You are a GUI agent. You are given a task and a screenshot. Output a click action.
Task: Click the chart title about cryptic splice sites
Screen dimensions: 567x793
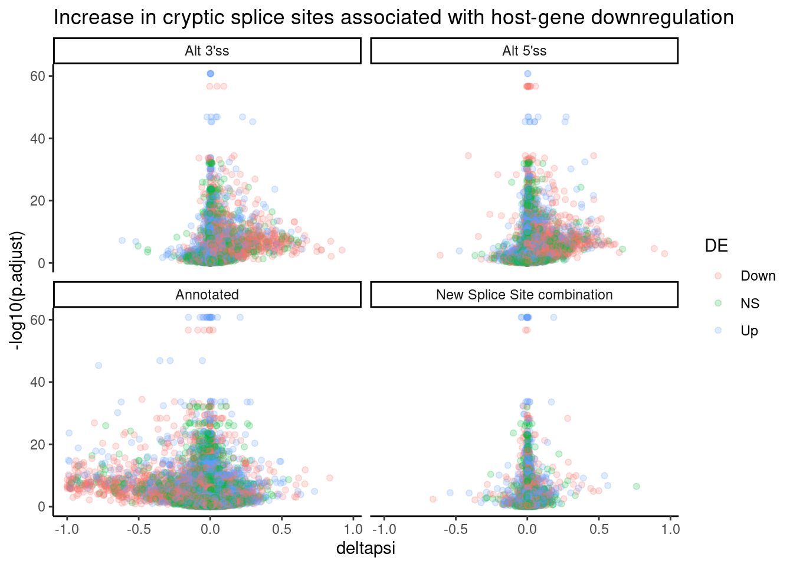[394, 18]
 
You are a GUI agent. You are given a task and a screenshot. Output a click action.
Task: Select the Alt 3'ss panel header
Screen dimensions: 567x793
[207, 51]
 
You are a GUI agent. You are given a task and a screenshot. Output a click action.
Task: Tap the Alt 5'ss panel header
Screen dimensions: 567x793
[524, 51]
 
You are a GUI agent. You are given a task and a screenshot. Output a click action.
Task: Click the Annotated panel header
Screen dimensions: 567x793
[207, 295]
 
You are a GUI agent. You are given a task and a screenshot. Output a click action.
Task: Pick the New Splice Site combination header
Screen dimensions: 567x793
[524, 295]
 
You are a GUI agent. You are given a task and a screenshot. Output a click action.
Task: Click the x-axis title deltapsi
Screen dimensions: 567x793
[365, 549]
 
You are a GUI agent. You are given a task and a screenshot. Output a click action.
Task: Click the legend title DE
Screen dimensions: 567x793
[716, 246]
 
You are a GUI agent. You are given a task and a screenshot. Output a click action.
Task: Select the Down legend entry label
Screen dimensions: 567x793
[758, 276]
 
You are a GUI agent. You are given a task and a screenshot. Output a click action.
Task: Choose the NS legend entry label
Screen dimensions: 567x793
[750, 304]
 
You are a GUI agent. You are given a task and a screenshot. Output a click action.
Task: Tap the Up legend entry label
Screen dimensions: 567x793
[749, 331]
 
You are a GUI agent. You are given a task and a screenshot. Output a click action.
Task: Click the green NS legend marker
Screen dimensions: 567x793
[718, 303]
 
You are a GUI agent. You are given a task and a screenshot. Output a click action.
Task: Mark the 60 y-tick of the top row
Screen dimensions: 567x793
[38, 76]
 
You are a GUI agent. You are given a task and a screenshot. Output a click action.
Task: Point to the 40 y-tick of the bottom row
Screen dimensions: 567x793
[38, 382]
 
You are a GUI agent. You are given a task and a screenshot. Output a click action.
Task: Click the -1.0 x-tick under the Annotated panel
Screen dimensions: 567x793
[66, 529]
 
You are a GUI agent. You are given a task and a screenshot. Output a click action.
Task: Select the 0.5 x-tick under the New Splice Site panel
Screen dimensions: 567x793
[599, 529]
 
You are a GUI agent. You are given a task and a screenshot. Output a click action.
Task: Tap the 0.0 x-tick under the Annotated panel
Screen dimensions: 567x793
[210, 529]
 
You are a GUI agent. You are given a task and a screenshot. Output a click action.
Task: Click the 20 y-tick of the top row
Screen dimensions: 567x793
[38, 201]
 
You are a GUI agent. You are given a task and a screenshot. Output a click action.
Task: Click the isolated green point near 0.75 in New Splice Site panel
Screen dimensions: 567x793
[636, 487]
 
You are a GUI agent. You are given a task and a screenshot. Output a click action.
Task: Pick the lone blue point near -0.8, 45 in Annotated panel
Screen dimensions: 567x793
[99, 366]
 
